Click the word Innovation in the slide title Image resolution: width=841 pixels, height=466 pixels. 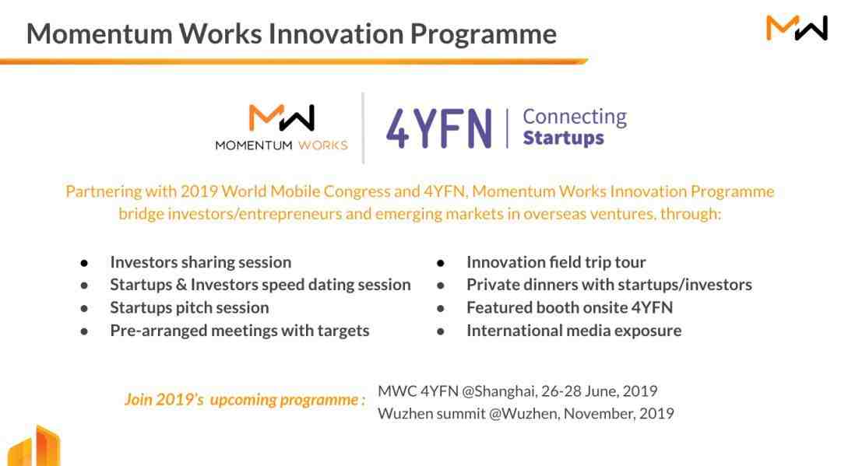tap(336, 33)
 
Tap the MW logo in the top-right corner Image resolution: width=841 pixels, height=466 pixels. tap(797, 28)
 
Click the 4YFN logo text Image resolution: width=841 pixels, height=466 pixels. tap(438, 128)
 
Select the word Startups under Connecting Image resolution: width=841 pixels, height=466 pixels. tap(563, 138)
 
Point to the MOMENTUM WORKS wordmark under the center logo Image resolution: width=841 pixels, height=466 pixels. tap(282, 145)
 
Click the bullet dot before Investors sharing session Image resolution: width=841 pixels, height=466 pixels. tap(84, 263)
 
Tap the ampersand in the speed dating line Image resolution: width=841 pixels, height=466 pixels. tap(181, 285)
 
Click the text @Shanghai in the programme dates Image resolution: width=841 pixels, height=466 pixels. tap(499, 391)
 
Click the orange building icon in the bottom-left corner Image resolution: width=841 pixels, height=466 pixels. tap(33, 446)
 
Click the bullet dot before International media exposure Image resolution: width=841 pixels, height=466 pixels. tap(440, 331)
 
